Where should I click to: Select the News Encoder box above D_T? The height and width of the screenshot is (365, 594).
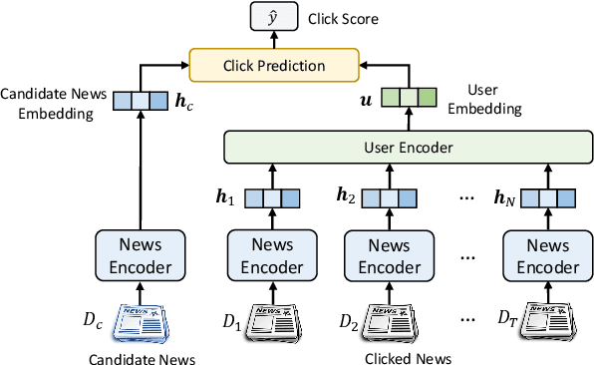(x=541, y=253)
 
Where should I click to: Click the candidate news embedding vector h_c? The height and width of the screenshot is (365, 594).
(x=135, y=101)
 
